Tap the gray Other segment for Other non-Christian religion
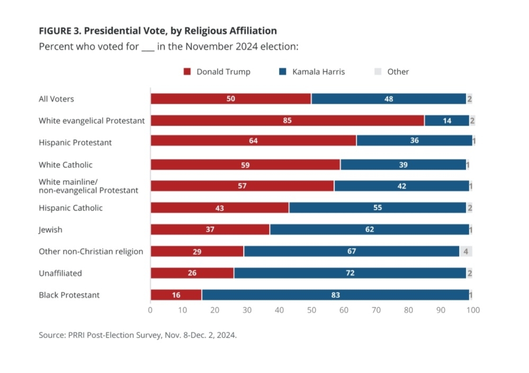465,251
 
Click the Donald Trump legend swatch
187,72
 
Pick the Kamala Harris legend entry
318,72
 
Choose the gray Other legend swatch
378,72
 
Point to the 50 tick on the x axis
311,310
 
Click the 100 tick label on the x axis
472,310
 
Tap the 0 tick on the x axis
150,310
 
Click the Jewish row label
50,229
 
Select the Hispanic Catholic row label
70,208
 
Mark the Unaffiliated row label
60,273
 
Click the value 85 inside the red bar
287,121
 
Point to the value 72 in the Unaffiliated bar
349,273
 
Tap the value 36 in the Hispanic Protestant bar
415,143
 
